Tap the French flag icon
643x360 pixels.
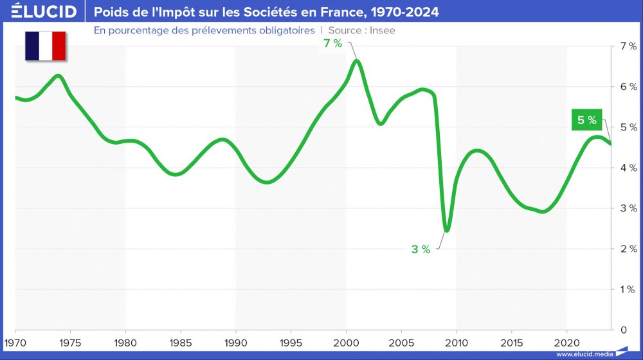[x=46, y=46]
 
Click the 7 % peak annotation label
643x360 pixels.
[x=333, y=44]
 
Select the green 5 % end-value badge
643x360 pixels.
[x=587, y=120]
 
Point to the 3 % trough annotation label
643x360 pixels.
[x=421, y=249]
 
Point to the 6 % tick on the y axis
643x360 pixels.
[x=628, y=87]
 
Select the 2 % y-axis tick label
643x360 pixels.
[x=628, y=249]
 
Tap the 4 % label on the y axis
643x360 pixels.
[x=628, y=168]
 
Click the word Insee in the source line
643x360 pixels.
[x=383, y=30]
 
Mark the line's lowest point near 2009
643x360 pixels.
[x=447, y=230]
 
